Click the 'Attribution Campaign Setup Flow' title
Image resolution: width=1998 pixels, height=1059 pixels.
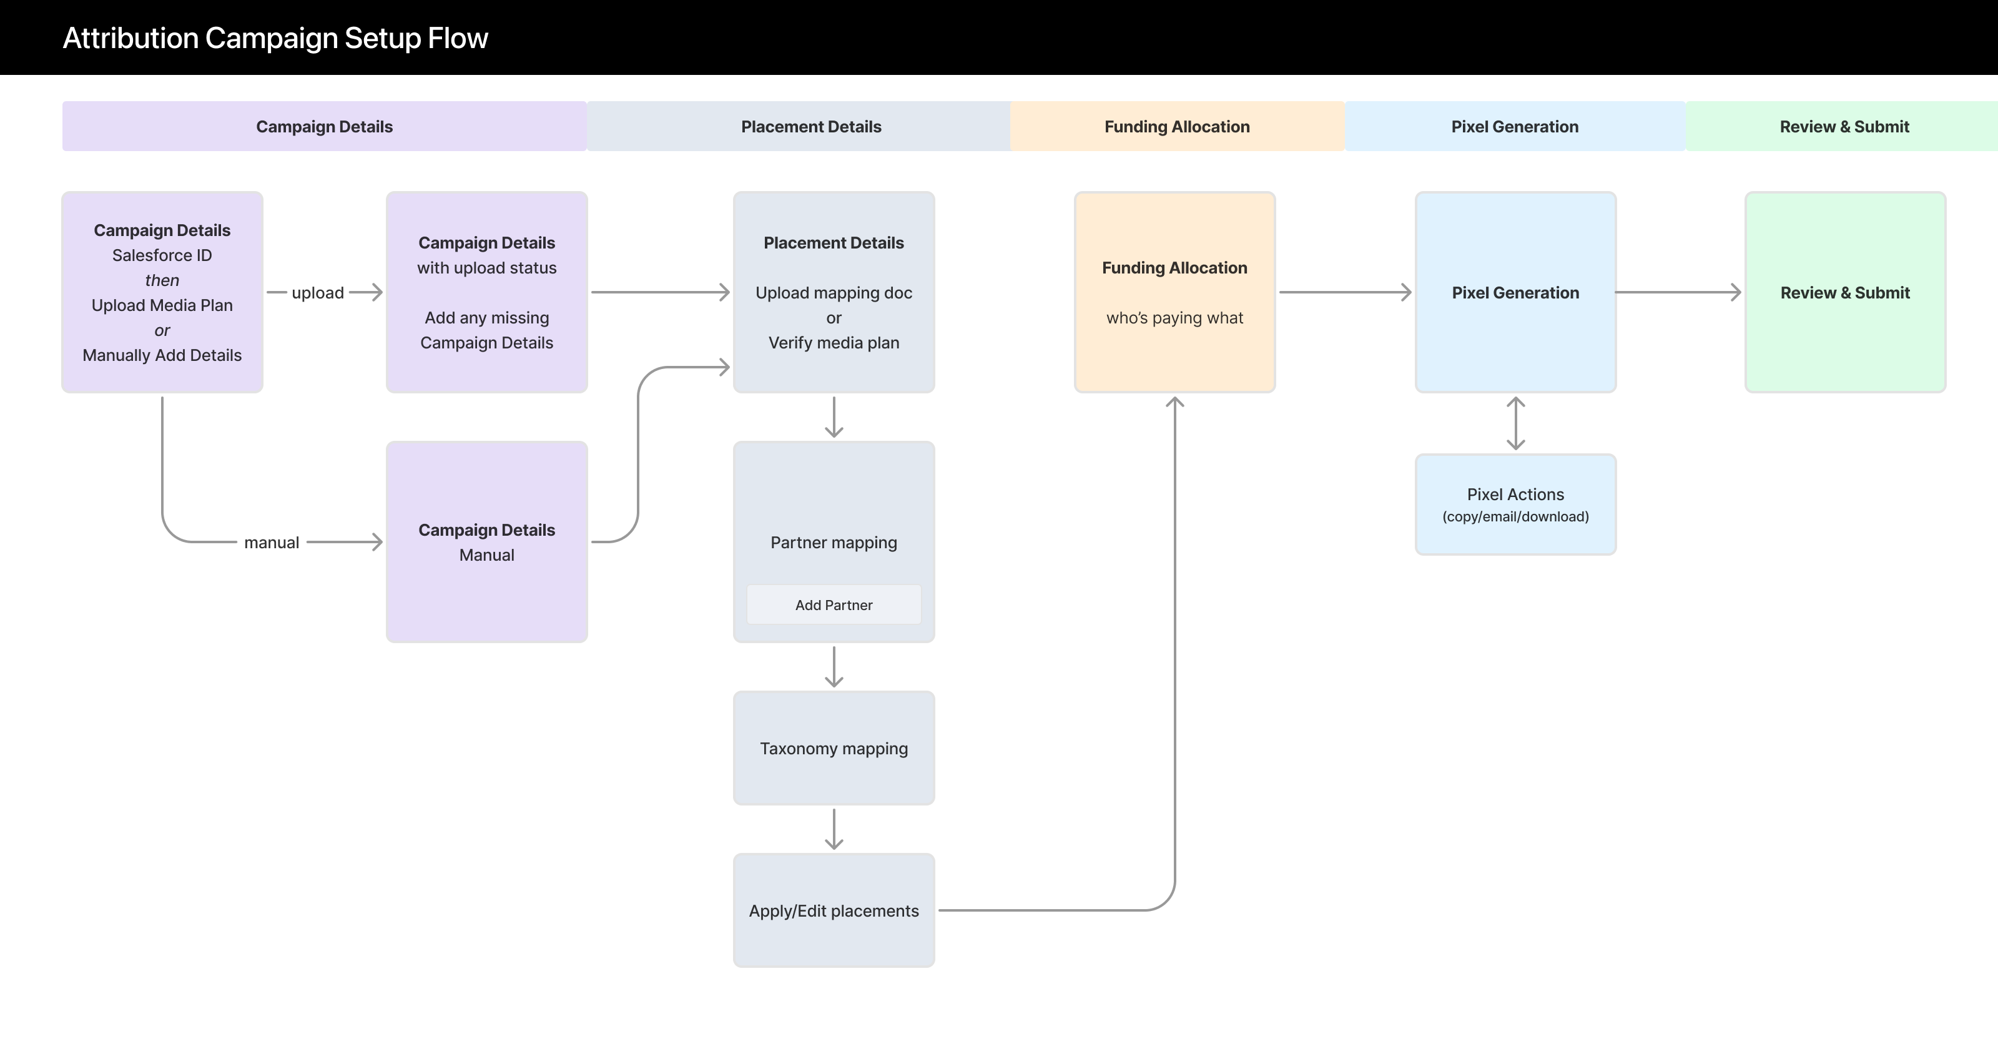pos(275,38)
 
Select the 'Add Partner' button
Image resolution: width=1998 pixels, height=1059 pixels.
pos(833,604)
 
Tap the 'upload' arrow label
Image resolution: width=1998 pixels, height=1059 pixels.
pos(317,292)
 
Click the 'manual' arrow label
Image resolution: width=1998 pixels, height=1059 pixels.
pos(272,543)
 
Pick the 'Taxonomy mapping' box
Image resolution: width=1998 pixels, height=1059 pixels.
pos(833,748)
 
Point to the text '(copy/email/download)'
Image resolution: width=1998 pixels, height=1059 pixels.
pos(1515,516)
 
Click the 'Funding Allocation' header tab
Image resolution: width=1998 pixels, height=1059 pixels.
pos(1176,127)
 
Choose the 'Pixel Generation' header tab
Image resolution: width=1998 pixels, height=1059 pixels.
pos(1514,127)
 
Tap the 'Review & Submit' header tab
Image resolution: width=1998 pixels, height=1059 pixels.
pos(1844,127)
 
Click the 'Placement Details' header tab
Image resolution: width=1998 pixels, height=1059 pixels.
pos(810,127)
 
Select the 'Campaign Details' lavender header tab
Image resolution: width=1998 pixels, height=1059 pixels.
pos(324,127)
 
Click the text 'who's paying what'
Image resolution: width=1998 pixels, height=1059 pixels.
pos(1174,317)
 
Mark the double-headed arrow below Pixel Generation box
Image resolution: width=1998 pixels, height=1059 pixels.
pos(1515,423)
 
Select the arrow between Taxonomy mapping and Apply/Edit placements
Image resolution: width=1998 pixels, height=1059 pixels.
pos(834,829)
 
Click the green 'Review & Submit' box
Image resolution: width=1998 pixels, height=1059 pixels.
pos(1844,292)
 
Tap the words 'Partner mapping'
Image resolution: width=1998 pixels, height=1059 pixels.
pos(833,543)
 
